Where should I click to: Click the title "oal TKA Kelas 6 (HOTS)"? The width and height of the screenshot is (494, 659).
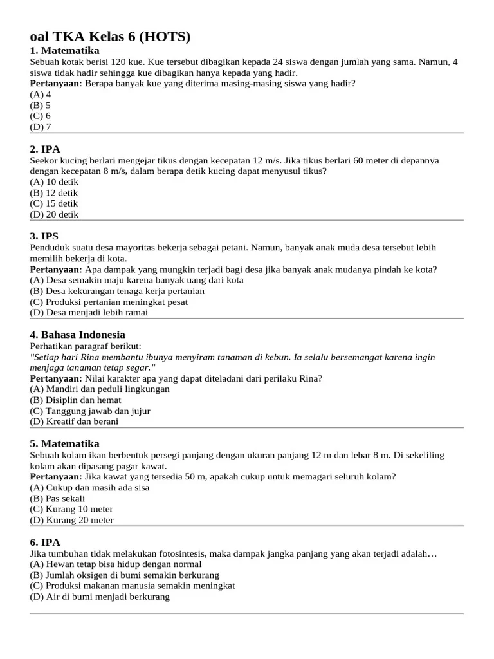(110, 37)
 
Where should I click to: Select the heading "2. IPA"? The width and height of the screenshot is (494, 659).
(45, 149)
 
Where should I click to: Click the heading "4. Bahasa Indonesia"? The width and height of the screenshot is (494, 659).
(77, 335)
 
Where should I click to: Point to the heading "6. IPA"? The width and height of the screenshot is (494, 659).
(45, 543)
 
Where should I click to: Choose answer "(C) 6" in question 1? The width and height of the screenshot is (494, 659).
(41, 116)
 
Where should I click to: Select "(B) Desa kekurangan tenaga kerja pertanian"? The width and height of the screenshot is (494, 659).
(117, 291)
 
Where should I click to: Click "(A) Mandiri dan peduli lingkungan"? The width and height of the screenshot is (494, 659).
(100, 389)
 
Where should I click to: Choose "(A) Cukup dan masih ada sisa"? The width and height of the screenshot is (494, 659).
(89, 487)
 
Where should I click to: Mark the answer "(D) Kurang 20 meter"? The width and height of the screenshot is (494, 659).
(71, 520)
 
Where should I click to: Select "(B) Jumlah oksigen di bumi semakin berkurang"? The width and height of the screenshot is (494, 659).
(124, 575)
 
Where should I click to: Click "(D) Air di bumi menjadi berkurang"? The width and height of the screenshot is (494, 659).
(100, 597)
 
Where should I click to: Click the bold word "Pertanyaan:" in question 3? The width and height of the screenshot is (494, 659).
(56, 270)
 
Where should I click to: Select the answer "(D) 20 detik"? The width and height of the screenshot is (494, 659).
(54, 214)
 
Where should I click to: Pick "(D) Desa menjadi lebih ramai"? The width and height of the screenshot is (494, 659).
(89, 313)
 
